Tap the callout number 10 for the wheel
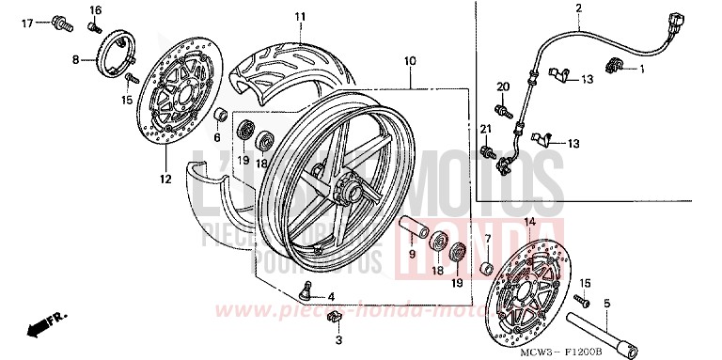(410, 61)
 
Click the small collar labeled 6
(218, 117)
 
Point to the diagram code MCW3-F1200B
(634, 347)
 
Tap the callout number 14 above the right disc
(528, 221)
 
